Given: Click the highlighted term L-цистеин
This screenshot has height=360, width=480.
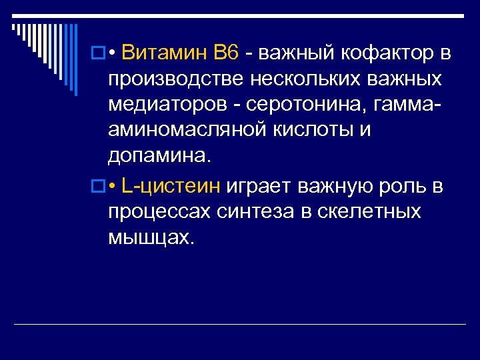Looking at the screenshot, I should click(x=172, y=186).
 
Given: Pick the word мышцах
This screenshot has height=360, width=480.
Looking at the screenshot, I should click(x=151, y=238).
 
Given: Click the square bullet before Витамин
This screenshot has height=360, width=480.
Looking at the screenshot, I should click(x=97, y=53).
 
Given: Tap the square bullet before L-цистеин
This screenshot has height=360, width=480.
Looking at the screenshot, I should click(x=97, y=187).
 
